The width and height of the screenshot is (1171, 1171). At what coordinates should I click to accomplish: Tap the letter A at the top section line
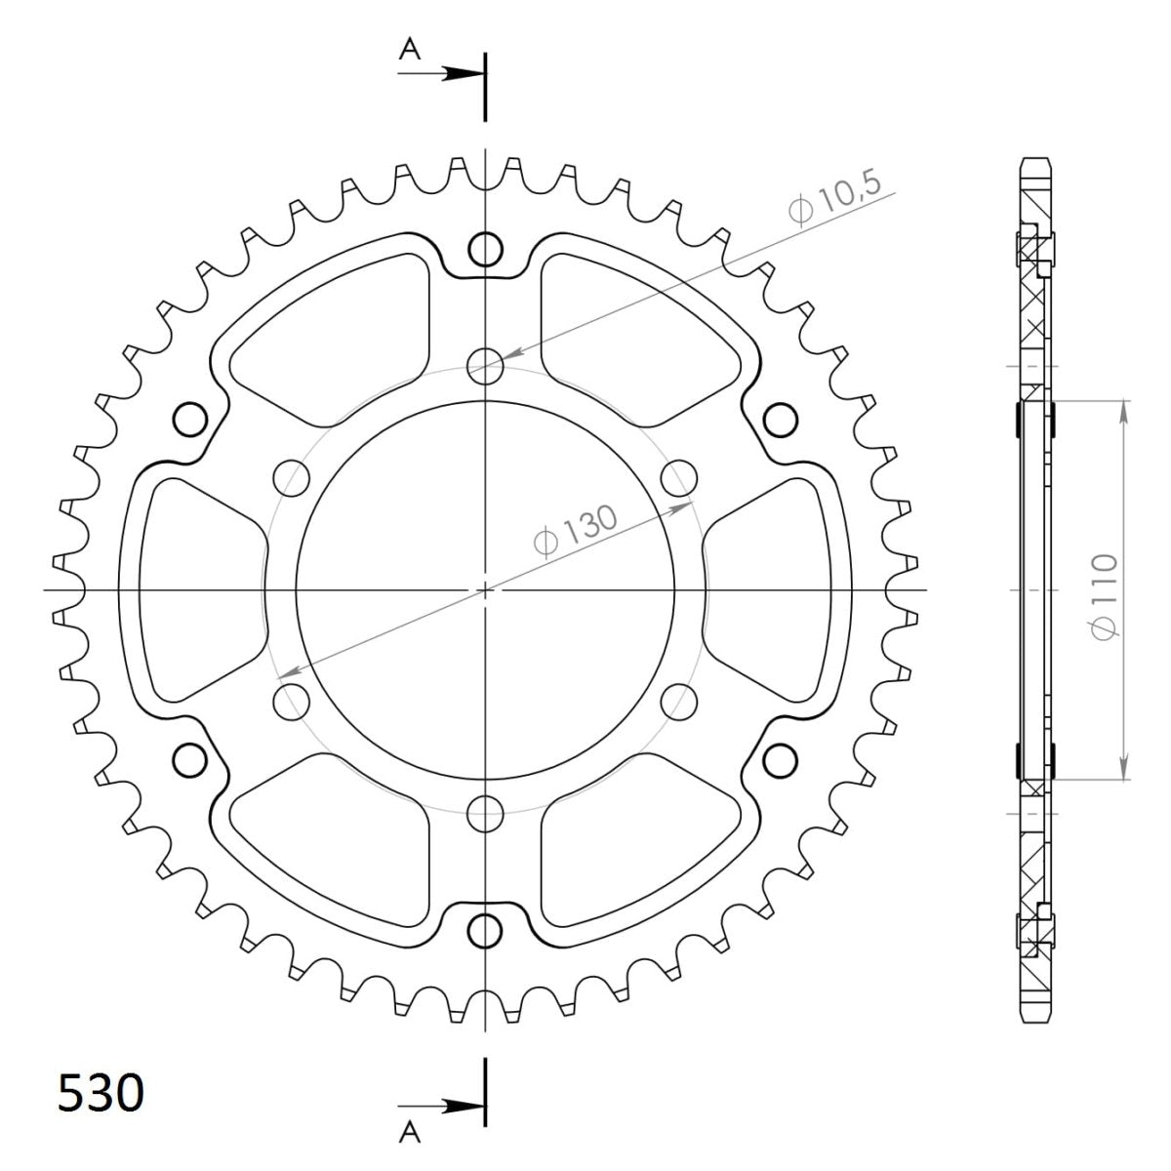pos(410,51)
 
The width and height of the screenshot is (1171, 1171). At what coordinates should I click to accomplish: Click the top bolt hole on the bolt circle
pos(485,367)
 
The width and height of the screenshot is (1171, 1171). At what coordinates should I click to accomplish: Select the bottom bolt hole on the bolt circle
pos(485,811)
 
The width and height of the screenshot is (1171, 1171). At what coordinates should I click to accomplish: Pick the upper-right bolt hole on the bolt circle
pos(677,478)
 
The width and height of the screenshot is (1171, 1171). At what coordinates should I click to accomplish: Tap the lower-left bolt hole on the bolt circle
pos(292,701)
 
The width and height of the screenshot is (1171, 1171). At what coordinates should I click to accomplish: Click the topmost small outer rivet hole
pos(485,250)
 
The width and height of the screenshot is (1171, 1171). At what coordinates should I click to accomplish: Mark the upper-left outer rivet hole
pos(191,420)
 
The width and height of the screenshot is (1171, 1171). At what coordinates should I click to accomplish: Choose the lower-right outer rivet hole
pos(779,759)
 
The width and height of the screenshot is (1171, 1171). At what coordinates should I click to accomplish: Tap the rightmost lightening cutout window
pos(776,589)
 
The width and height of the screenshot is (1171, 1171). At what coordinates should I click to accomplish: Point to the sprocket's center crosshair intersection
pos(485,589)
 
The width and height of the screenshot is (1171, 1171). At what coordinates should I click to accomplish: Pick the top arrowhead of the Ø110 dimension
pos(1124,410)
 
